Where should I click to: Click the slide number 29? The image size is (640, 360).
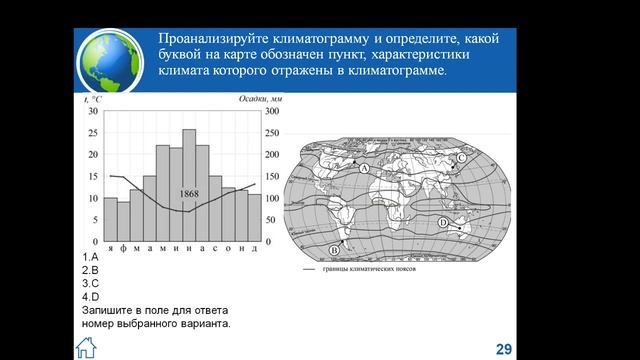[504, 348]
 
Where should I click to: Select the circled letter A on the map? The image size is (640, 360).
[365, 171]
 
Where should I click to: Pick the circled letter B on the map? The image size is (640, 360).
[334, 248]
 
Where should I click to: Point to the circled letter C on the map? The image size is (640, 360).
[461, 158]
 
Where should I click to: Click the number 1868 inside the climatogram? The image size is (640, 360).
[189, 193]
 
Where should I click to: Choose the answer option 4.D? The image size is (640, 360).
[91, 297]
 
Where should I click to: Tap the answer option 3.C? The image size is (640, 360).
[91, 284]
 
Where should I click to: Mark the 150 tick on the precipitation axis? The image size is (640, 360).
[272, 176]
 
